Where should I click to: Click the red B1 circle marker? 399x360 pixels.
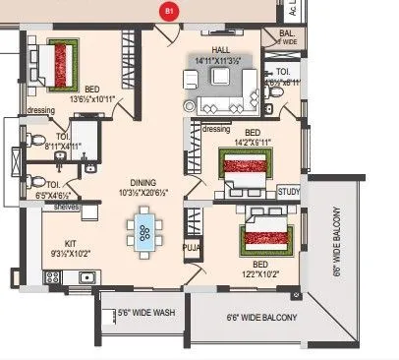click(169, 9)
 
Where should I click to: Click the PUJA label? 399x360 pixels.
click(193, 248)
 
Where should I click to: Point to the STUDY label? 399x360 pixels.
click(289, 191)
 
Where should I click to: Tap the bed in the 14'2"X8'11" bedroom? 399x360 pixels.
click(242, 162)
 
